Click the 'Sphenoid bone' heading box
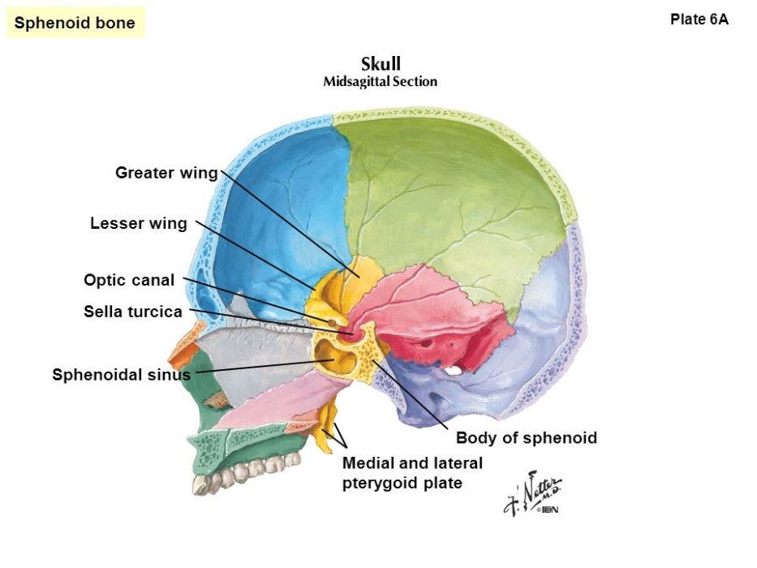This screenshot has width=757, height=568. pyautogui.click(x=75, y=22)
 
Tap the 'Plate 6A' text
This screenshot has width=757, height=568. pyautogui.click(x=699, y=19)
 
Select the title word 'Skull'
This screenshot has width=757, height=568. pyautogui.click(x=381, y=64)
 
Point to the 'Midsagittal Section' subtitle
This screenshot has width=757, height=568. pyautogui.click(x=381, y=82)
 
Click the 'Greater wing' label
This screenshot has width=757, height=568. pyautogui.click(x=166, y=173)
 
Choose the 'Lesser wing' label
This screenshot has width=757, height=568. pyautogui.click(x=139, y=223)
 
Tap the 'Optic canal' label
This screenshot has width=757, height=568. pyautogui.click(x=129, y=280)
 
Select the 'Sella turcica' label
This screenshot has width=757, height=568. pyautogui.click(x=133, y=312)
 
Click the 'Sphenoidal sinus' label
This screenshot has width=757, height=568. pyautogui.click(x=121, y=375)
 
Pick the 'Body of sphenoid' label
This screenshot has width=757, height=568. pyautogui.click(x=527, y=437)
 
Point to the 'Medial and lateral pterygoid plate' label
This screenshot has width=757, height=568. pyautogui.click(x=412, y=473)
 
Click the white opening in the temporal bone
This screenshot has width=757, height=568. pyautogui.click(x=453, y=371)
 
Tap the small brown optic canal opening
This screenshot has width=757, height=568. pyautogui.click(x=332, y=322)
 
